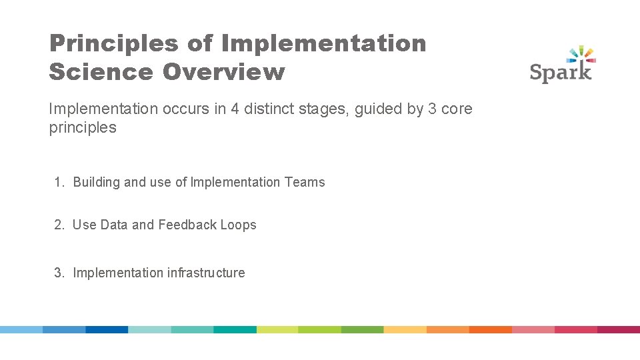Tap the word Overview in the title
pyautogui.click(x=223, y=72)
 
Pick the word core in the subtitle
pyautogui.click(x=457, y=109)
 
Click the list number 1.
pyautogui.click(x=59, y=182)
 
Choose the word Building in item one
pyautogui.click(x=96, y=182)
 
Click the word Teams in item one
pyautogui.click(x=305, y=182)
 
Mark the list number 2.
pyautogui.click(x=59, y=225)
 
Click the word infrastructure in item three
pyautogui.click(x=206, y=273)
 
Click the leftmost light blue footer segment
pyautogui.click(x=21, y=329)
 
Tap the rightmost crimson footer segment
pyautogui.click(x=618, y=329)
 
